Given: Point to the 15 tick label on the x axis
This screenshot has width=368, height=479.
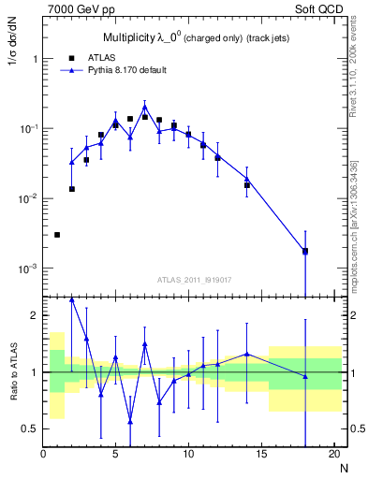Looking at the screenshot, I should (x=260, y=454).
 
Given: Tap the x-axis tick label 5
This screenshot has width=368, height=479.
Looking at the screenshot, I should (x=115, y=454).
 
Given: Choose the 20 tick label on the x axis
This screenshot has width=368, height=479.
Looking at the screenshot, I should (x=332, y=454).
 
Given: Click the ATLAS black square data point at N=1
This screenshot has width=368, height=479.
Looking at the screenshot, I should (x=57, y=235).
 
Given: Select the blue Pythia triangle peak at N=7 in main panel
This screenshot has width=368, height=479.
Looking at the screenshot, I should (x=144, y=108).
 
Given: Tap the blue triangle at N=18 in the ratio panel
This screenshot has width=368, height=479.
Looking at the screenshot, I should (x=304, y=376).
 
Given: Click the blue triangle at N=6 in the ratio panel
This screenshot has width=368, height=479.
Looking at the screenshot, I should (x=130, y=421).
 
